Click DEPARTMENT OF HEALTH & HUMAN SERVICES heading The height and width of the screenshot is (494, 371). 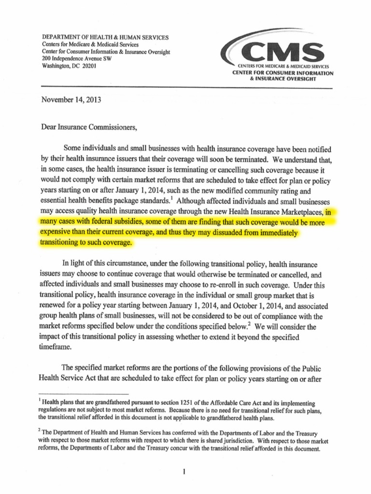pyautogui.click(x=106, y=37)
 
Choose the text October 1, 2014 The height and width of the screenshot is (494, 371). pyautogui.click(x=261, y=306)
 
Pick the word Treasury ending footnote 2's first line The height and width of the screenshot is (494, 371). pyautogui.click(x=316, y=434)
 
